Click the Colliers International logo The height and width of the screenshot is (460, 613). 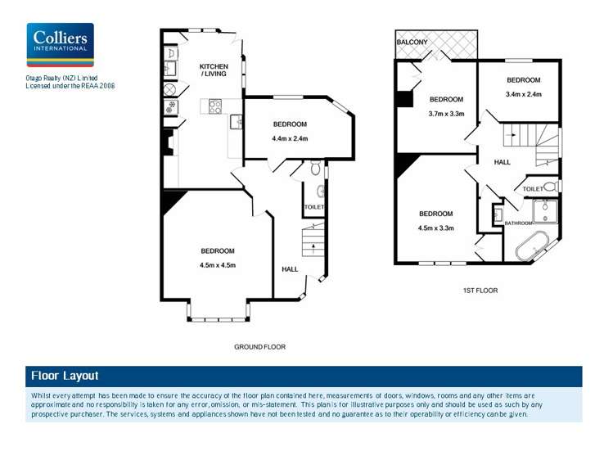click(x=60, y=44)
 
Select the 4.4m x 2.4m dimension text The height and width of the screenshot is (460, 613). click(x=290, y=138)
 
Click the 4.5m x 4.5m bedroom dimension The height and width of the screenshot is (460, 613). click(x=217, y=265)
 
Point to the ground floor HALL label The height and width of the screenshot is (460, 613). click(x=290, y=269)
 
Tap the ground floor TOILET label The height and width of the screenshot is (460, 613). click(x=314, y=208)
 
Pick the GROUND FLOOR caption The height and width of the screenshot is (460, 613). click(x=259, y=347)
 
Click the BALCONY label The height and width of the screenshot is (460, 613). click(x=412, y=42)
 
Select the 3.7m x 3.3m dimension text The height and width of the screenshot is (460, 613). click(x=446, y=114)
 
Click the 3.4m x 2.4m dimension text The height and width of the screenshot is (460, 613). click(x=523, y=94)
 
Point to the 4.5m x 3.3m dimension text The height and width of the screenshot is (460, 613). click(x=435, y=228)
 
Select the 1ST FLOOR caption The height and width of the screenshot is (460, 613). click(x=480, y=291)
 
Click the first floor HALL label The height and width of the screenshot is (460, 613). click(x=502, y=162)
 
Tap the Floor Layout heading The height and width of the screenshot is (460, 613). click(x=65, y=376)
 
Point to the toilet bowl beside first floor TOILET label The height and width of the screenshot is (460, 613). click(x=550, y=187)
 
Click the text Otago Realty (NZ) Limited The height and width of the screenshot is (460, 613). click(x=61, y=78)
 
